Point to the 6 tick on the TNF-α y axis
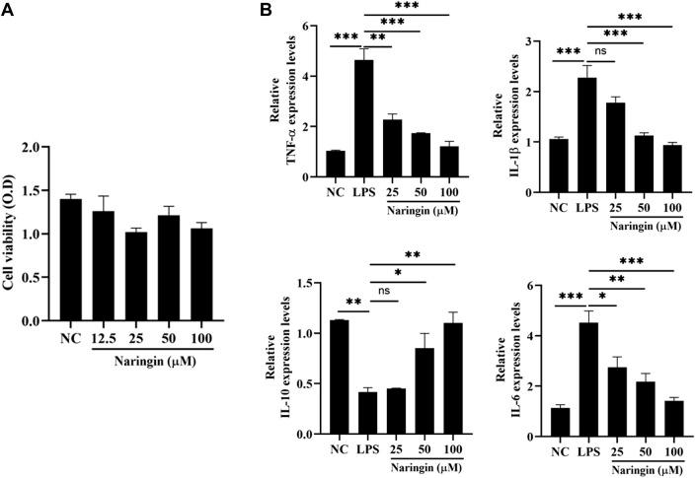(x=314, y=26)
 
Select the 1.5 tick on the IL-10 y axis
(x=308, y=284)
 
